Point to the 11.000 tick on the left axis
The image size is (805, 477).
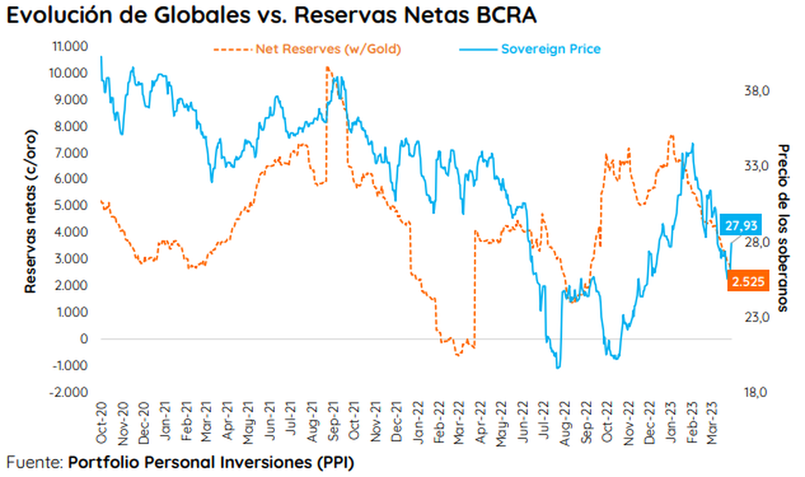tap(71, 46)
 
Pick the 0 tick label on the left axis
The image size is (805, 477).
tap(85, 339)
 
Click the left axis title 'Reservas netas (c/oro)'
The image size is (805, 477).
tap(30, 210)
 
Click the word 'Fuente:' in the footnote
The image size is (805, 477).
tap(34, 462)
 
